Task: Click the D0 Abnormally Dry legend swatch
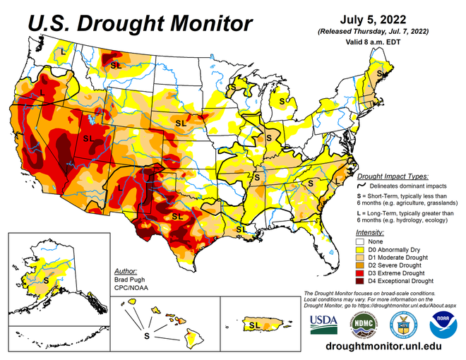[x=360, y=249]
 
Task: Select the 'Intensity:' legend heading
[x=371, y=232]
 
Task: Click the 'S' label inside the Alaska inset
[x=47, y=280]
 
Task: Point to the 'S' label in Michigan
[x=282, y=101]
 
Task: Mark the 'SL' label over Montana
[x=116, y=65]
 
